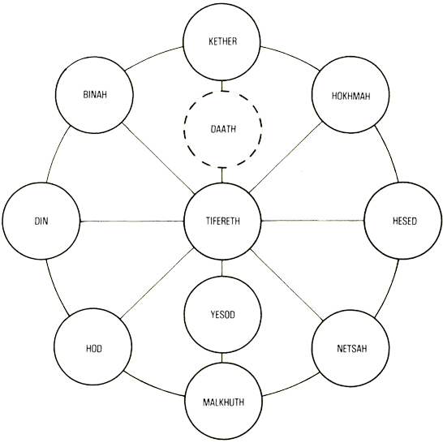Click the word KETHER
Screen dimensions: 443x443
[222, 41]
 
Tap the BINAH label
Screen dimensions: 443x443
[95, 94]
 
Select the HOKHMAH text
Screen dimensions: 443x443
[351, 96]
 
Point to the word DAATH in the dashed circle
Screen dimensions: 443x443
[223, 129]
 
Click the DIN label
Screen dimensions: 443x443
[41, 221]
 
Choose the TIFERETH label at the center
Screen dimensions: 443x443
[222, 221]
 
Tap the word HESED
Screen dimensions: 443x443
[405, 221]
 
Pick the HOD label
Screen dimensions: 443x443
[94, 348]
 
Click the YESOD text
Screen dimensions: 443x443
[222, 315]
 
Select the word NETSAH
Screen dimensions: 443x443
[352, 348]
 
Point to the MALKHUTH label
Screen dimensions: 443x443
[223, 402]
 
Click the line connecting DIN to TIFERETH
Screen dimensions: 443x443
[132, 221]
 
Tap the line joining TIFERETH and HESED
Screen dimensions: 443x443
[312, 221]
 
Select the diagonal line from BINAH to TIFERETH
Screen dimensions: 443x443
[158, 158]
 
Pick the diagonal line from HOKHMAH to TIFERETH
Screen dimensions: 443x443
[286, 157]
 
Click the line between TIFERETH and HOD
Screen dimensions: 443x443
[157, 284]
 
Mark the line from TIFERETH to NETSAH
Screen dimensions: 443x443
[287, 285]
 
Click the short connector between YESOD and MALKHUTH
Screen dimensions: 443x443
[221, 358]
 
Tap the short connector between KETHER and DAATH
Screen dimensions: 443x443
[222, 86]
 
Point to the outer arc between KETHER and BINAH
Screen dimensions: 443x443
[153, 57]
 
